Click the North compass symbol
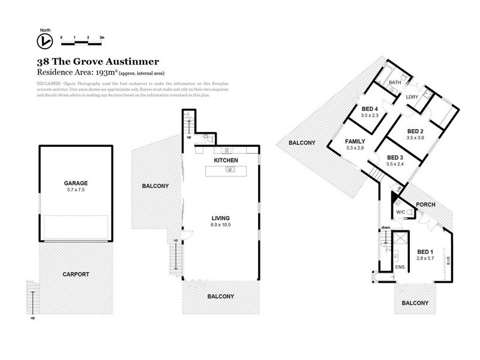click(44, 41)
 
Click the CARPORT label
click(76, 274)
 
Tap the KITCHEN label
click(227, 160)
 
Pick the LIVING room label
click(221, 218)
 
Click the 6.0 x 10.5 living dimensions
click(221, 224)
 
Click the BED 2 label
click(416, 131)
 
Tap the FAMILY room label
click(355, 141)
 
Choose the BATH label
click(395, 83)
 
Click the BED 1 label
click(425, 251)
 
